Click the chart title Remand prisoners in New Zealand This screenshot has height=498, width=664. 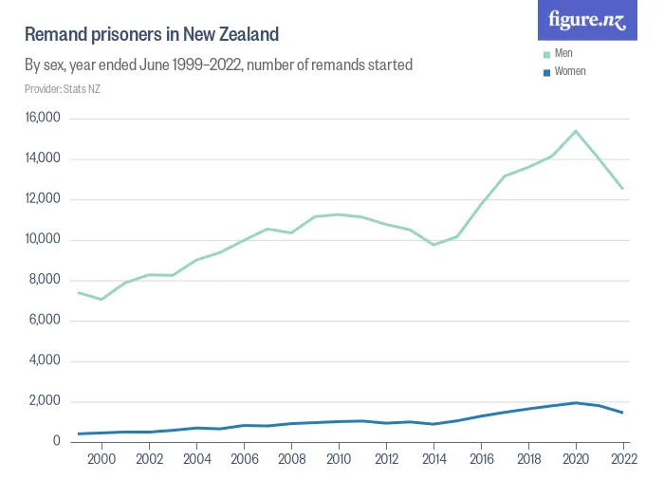152,35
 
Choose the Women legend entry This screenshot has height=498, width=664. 570,71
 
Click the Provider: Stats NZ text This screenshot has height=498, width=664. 63,89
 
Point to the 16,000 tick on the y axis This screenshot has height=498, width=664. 43,119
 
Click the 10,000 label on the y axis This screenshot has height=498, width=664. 43,239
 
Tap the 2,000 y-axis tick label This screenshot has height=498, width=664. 46,401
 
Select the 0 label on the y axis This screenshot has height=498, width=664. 57,441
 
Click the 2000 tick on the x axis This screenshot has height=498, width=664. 101,459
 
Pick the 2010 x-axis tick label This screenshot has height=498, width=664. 339,459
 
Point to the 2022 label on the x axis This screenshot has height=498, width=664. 623,459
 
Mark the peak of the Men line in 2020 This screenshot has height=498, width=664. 576,131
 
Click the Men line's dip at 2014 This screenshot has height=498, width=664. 433,245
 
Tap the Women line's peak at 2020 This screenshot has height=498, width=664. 576,402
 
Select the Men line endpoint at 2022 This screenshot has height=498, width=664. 623,189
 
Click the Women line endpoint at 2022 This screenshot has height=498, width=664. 623,413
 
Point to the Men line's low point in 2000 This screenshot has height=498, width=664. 101,299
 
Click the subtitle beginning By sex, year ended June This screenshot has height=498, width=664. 218,65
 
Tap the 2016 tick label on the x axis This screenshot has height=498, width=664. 481,459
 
